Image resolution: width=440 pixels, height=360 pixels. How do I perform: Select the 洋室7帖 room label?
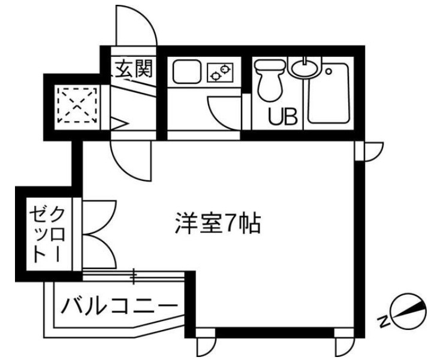tap(217, 224)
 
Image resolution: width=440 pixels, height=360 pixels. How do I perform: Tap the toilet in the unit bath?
tap(268, 81)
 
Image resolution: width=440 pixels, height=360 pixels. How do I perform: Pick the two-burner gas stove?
tap(220, 73)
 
